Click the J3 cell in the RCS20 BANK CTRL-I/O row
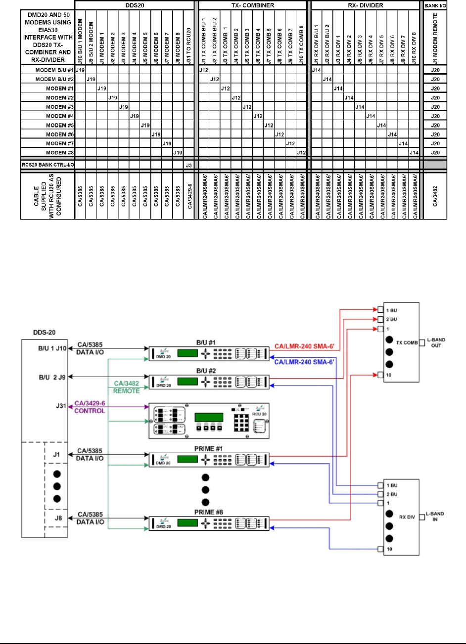pyautogui.click(x=188, y=165)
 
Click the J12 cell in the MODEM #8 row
pyautogui.click(x=300, y=152)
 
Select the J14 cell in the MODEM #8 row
pyautogui.click(x=414, y=152)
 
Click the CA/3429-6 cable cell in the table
pyautogui.click(x=188, y=196)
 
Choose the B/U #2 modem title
pyautogui.click(x=208, y=369)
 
